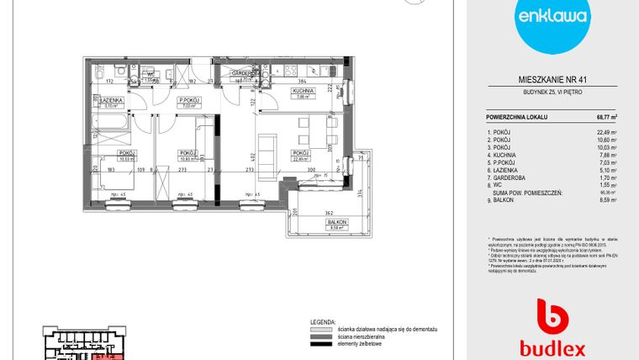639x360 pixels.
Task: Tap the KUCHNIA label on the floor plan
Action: [x=303, y=90]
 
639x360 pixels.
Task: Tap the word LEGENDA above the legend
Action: [x=323, y=321]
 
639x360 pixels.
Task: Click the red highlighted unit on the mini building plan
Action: [x=106, y=357]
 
